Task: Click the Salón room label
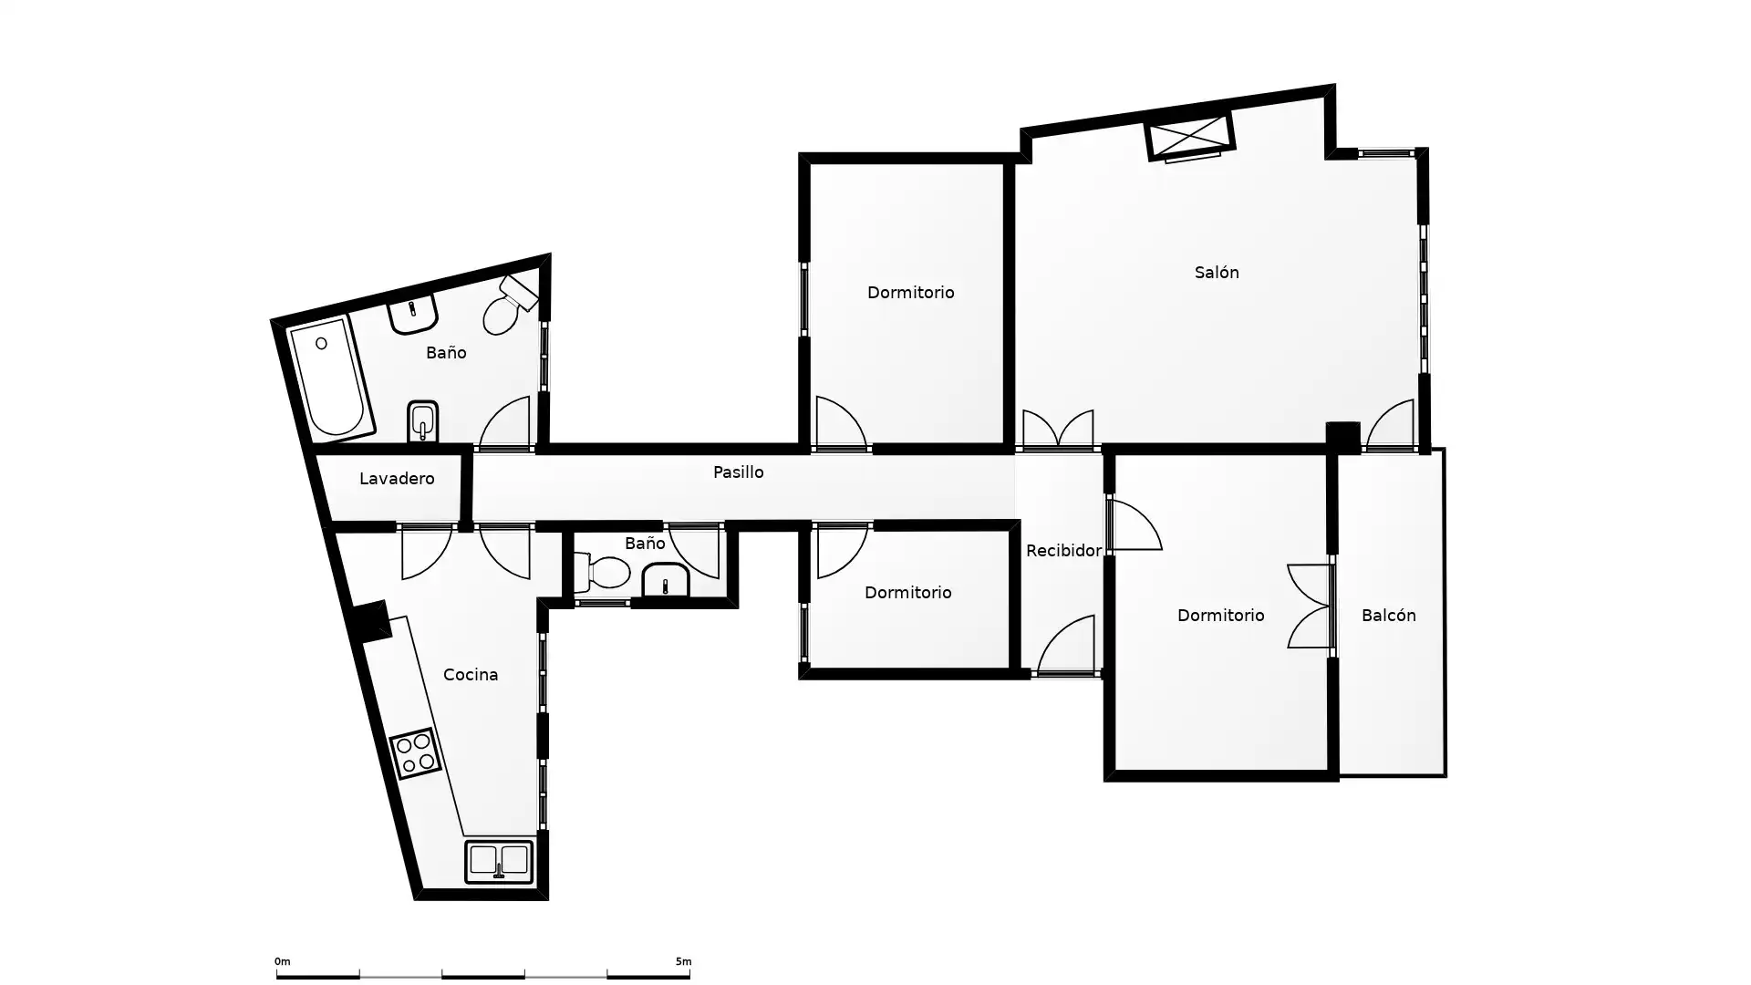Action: tap(1217, 272)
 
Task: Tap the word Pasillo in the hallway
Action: tap(738, 472)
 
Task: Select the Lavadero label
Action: tap(397, 478)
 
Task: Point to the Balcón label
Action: tap(1388, 615)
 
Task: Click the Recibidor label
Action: tap(1063, 550)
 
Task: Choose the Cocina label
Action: tap(471, 674)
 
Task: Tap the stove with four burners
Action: tap(415, 753)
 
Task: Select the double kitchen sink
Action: tap(499, 862)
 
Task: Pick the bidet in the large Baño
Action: tap(422, 421)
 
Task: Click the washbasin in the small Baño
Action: tap(666, 580)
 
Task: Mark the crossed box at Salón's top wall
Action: tap(1190, 137)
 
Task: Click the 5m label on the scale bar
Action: tap(683, 961)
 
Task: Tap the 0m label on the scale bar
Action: tap(282, 961)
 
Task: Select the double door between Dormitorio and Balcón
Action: tap(1311, 606)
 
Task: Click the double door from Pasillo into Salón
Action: tap(1058, 430)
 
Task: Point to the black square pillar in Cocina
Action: tap(370, 621)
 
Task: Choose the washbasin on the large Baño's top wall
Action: tap(413, 314)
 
